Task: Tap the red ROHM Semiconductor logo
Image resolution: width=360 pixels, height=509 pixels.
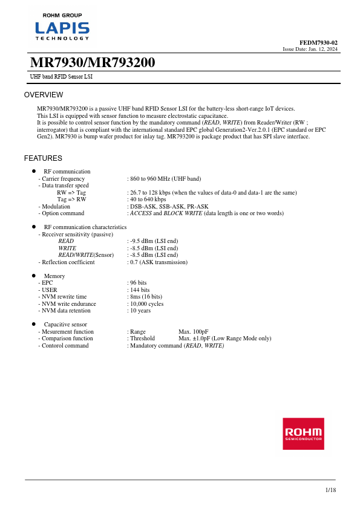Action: coord(303,433)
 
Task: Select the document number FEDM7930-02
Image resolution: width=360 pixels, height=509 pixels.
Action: coord(319,42)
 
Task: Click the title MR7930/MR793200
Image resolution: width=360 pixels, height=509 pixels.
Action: coord(93,63)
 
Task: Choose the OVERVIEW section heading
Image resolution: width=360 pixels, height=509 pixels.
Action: coord(44,95)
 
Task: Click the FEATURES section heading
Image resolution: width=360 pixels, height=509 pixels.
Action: coord(43,158)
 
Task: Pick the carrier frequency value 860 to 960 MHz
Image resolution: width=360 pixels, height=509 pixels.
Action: coord(165,179)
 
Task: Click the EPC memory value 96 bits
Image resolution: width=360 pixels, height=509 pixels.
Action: coord(138,283)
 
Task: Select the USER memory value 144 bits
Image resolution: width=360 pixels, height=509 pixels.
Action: coord(139,290)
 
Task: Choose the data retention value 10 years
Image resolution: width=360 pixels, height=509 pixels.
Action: coord(140,311)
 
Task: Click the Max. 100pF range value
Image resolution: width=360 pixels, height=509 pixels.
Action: coord(194,332)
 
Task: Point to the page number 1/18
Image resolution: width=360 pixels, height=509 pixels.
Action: coord(330,490)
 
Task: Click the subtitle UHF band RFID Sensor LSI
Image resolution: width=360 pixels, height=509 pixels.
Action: coord(61,77)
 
